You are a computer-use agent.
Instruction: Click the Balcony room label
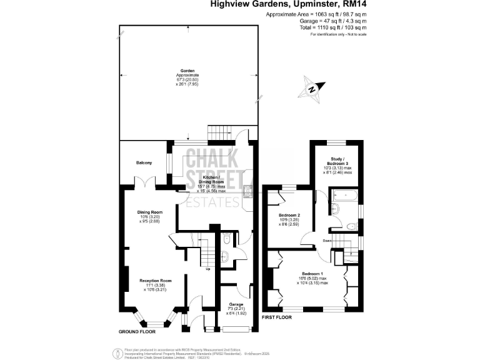point(144,163)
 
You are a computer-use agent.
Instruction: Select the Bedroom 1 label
point(312,274)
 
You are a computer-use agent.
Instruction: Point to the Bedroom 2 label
point(289,214)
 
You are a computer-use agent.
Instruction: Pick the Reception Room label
point(155,281)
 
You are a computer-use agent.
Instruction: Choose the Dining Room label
point(149,212)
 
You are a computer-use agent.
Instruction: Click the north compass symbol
point(312,88)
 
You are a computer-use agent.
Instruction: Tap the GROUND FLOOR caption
point(137,331)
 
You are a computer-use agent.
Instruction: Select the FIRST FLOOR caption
point(276,317)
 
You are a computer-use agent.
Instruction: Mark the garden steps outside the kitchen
point(218,132)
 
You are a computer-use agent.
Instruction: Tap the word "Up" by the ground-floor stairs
point(207,269)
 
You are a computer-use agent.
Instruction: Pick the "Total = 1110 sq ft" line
point(333,28)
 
